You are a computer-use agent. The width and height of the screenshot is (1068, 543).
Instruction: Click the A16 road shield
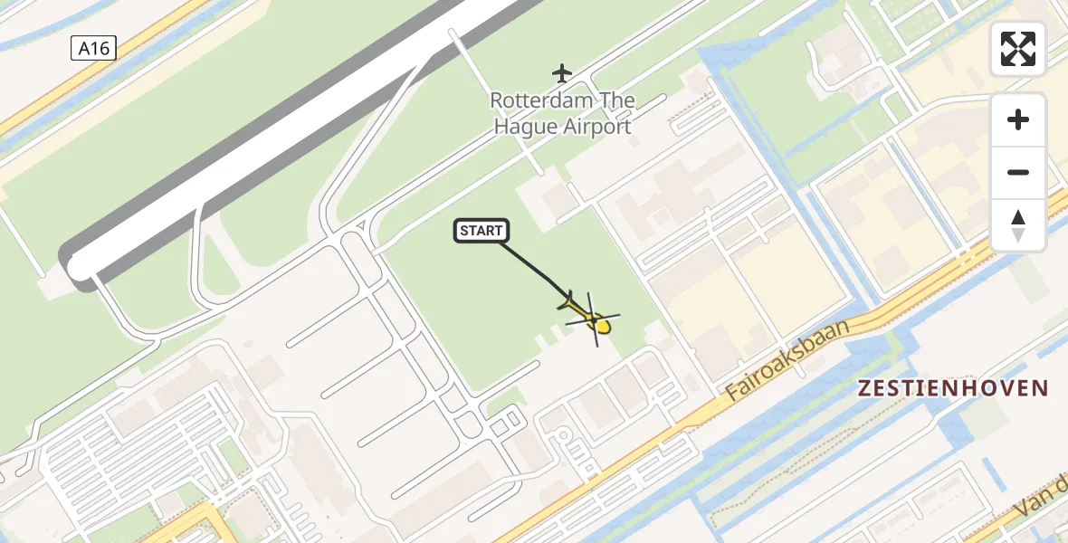click(93, 49)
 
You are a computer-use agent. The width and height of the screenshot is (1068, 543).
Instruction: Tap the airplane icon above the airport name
click(563, 72)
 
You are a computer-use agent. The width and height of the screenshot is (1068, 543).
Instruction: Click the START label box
click(481, 232)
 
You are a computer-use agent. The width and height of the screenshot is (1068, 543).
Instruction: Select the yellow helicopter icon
click(593, 319)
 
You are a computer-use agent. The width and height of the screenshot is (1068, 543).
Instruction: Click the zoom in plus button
click(1018, 119)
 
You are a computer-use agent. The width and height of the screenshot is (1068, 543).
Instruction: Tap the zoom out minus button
click(1018, 172)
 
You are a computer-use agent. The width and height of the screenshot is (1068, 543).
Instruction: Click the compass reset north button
click(1018, 224)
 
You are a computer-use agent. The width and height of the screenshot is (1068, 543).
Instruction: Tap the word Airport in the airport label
click(596, 127)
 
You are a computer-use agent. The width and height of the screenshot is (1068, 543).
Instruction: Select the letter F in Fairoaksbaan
click(731, 395)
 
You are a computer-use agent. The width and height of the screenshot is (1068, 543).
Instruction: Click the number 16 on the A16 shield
click(100, 49)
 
